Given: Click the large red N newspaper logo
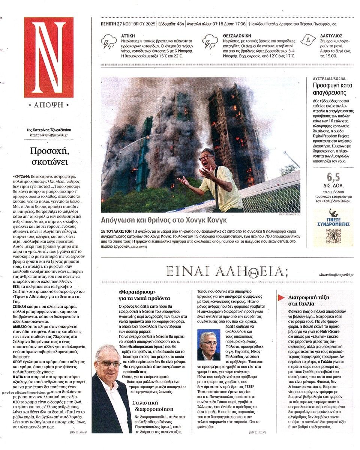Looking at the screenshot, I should tap(49, 57).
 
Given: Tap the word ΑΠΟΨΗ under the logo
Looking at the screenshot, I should tap(49, 105).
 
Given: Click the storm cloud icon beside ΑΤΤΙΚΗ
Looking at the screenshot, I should tap(109, 42).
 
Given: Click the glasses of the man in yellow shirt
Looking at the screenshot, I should tap(206, 158).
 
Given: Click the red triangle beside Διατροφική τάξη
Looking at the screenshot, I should tap(280, 298).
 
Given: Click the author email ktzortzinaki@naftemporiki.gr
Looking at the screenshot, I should tap(49, 134).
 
